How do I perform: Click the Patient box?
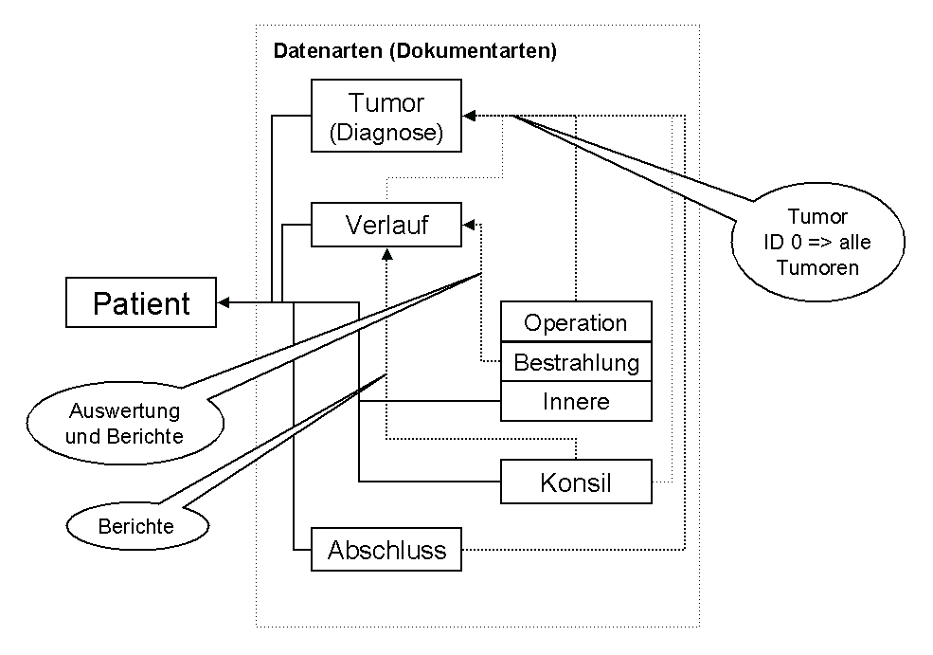[140, 303]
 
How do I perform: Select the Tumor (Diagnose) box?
[386, 116]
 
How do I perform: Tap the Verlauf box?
[386, 226]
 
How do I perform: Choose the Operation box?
[576, 322]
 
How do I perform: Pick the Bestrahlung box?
[576, 362]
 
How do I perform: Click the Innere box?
[576, 401]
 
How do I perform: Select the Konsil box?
[576, 483]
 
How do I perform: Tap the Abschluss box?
[386, 550]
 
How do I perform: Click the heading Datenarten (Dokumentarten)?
[414, 51]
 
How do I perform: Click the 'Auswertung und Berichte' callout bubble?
[126, 424]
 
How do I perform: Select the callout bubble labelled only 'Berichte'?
[135, 524]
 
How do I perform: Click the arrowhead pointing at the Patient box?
[224, 303]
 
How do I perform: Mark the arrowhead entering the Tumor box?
[470, 116]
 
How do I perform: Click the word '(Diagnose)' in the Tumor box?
[386, 134]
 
